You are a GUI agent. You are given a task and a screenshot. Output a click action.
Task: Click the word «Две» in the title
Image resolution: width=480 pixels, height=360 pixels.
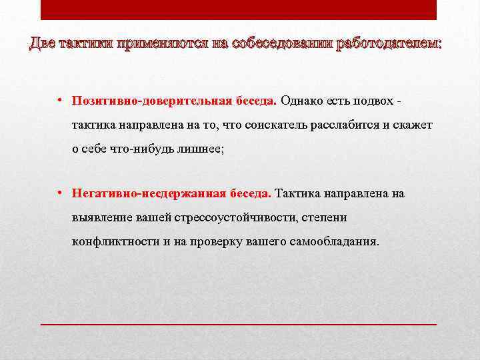click(x=43, y=44)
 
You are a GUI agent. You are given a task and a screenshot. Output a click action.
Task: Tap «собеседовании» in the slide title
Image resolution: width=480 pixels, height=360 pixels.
click(x=277, y=44)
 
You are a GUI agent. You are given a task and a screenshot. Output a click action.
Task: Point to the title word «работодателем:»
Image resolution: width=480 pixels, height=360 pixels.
click(x=389, y=44)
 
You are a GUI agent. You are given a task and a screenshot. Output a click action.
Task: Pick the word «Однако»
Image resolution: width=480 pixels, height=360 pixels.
click(x=299, y=101)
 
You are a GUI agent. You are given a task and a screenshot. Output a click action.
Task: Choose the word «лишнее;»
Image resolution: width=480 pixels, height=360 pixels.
click(x=199, y=149)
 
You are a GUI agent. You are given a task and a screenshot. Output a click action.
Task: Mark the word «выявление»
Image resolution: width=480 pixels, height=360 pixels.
click(x=98, y=217)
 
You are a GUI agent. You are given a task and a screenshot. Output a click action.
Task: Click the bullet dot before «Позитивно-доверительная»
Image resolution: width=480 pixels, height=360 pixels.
click(x=59, y=101)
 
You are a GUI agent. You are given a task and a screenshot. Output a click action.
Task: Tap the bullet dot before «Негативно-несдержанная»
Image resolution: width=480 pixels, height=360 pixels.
click(x=59, y=194)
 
